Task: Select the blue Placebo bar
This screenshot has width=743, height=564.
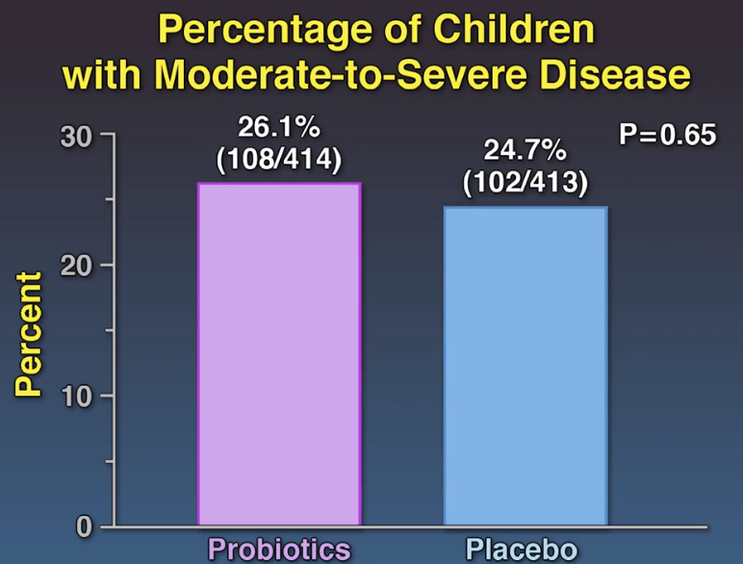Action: tap(525, 366)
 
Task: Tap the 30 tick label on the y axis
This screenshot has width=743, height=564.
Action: tap(76, 136)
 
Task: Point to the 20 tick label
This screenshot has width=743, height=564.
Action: tap(76, 266)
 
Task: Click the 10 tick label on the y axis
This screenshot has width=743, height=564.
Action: tap(76, 396)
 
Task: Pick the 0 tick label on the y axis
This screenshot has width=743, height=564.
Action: tap(84, 526)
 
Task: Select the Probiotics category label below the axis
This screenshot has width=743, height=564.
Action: tap(279, 550)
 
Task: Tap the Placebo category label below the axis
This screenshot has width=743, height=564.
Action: tap(525, 550)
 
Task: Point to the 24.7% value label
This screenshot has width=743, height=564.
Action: tap(525, 150)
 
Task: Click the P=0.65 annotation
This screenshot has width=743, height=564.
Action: tap(667, 134)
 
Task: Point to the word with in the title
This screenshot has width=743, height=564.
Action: tap(97, 75)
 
